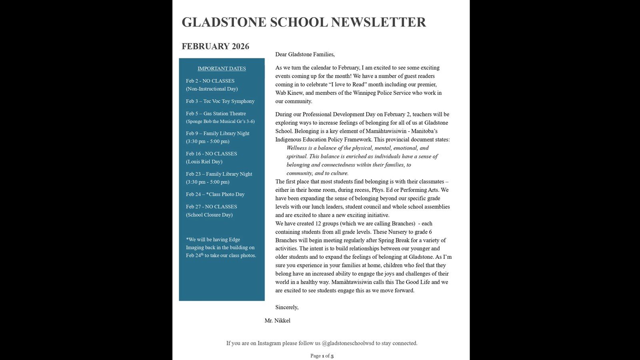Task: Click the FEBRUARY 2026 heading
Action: coord(215,46)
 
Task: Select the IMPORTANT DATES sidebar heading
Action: coord(222,68)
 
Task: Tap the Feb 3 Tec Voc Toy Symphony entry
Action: coord(220,101)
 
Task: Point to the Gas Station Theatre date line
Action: coord(216,114)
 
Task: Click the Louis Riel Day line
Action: coord(204,162)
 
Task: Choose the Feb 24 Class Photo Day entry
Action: coord(215,194)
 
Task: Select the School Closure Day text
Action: coord(209,215)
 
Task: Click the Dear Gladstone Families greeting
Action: coord(305,54)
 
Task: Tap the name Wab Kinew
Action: coord(289,93)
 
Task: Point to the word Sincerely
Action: coord(287,307)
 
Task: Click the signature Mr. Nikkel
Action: coord(277,320)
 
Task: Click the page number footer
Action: coord(322,356)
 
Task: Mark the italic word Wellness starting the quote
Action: coord(296,148)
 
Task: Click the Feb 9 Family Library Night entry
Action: coord(218,134)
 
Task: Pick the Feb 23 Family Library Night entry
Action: coord(219,174)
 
